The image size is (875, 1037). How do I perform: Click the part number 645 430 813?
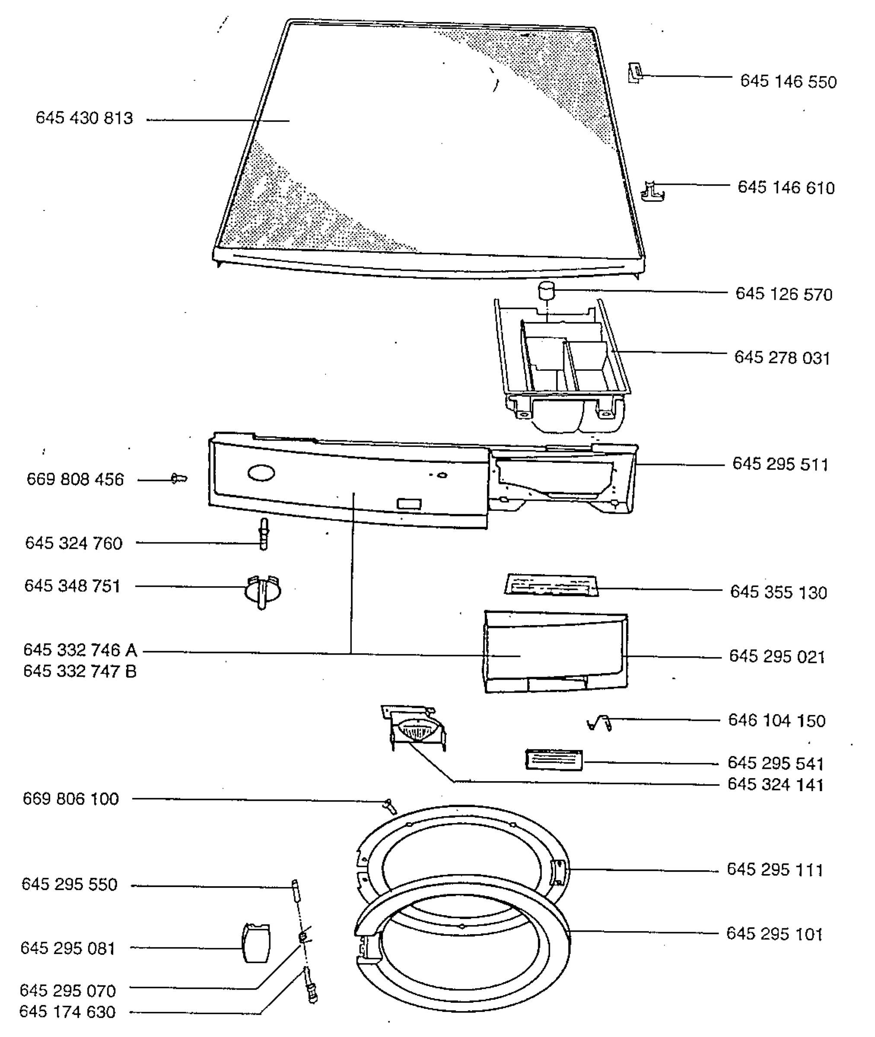[84, 118]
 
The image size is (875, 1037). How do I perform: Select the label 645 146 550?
[788, 82]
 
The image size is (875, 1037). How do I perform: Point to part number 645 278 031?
[782, 358]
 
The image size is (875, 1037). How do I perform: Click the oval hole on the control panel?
[261, 473]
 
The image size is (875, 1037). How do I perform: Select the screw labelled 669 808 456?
[179, 479]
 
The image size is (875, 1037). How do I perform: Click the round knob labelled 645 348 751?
[262, 591]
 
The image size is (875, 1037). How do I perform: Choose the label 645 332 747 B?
[80, 671]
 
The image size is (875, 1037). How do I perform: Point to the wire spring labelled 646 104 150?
[599, 724]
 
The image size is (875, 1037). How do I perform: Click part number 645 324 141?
[775, 785]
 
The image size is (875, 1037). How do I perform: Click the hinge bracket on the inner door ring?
[559, 872]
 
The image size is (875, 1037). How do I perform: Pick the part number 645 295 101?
[774, 934]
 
